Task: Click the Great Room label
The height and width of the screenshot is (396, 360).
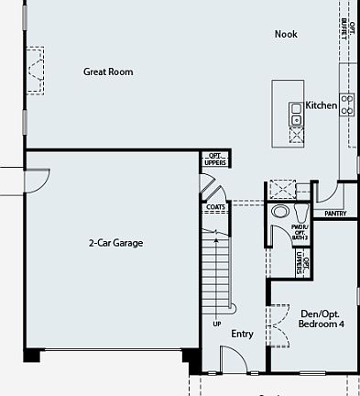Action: click(x=108, y=71)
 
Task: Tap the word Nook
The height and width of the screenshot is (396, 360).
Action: click(x=287, y=35)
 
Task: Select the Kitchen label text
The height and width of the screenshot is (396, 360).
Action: click(x=322, y=105)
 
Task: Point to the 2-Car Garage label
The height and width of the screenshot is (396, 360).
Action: click(x=115, y=243)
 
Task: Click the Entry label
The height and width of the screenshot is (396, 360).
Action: click(x=242, y=334)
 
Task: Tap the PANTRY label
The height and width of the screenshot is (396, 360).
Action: click(x=334, y=214)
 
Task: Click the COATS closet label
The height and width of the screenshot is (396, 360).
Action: click(x=215, y=207)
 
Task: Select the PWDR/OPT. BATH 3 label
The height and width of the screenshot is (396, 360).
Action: click(x=300, y=231)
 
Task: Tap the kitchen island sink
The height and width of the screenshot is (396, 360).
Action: click(x=296, y=113)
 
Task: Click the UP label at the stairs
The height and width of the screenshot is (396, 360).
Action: click(x=217, y=324)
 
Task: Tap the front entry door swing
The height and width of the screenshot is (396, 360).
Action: click(x=231, y=359)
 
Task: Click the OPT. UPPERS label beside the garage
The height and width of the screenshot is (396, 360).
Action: click(x=215, y=159)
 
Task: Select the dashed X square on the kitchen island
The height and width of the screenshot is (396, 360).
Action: click(x=297, y=135)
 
